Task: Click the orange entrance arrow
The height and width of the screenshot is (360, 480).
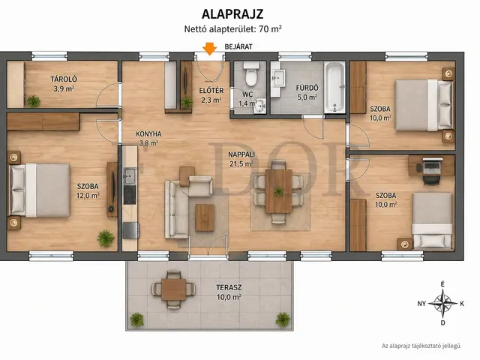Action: click(210, 49)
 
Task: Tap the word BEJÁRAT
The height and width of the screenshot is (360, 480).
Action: click(238, 46)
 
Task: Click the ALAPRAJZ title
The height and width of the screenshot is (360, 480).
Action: click(232, 14)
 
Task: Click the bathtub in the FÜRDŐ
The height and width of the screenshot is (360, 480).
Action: click(335, 87)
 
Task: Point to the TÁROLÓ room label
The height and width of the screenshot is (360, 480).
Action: click(64, 79)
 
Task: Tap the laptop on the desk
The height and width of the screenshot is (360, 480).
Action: click(432, 166)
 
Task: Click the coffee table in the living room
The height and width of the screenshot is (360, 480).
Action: click(205, 217)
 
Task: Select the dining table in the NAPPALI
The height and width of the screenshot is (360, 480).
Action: click(278, 191)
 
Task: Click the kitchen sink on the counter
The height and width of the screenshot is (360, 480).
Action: click(130, 176)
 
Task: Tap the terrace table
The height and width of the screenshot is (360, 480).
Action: click(173, 289)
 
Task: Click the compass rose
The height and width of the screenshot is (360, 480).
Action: click(442, 303)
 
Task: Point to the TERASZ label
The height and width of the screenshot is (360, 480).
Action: click(229, 288)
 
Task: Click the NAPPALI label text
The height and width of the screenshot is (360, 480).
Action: click(241, 155)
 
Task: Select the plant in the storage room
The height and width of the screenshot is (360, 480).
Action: click(33, 101)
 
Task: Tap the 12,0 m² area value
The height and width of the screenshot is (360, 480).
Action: click(88, 195)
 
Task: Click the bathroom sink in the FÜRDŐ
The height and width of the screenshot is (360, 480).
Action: click(279, 79)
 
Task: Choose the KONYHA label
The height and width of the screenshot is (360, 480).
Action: click(148, 133)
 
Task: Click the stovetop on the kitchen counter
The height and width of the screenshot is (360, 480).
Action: click(130, 195)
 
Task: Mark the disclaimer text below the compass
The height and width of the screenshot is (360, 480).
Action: click(421, 346)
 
